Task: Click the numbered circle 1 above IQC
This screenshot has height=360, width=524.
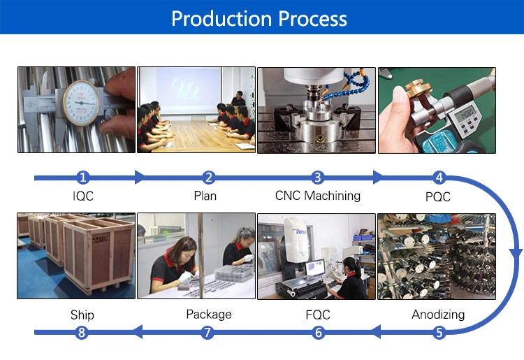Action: click(83, 178)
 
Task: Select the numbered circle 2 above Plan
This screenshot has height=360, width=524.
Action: click(208, 178)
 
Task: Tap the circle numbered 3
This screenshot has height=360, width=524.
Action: click(318, 178)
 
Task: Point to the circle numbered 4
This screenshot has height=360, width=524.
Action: click(439, 178)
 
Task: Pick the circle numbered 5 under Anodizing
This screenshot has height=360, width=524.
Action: click(439, 333)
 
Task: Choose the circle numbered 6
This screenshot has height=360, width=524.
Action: click(319, 333)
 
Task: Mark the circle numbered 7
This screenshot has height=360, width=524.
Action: click(208, 333)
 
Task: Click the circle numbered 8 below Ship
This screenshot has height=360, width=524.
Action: click(82, 333)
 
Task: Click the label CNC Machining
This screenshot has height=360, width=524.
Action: click(318, 196)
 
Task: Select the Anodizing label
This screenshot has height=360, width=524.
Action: click(438, 315)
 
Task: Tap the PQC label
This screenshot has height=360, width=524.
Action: click(438, 196)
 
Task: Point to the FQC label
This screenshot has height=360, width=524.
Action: click(318, 315)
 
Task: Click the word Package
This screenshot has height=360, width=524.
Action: click(208, 315)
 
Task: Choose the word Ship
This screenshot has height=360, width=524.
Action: click(82, 315)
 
